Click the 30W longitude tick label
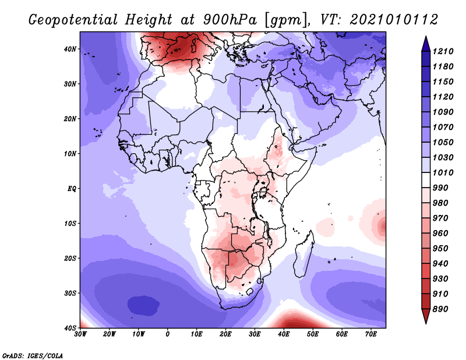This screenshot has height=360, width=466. coord(80,334)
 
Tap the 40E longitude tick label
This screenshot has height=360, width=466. coord(284,334)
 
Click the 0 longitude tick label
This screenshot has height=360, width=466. coord(168,334)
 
